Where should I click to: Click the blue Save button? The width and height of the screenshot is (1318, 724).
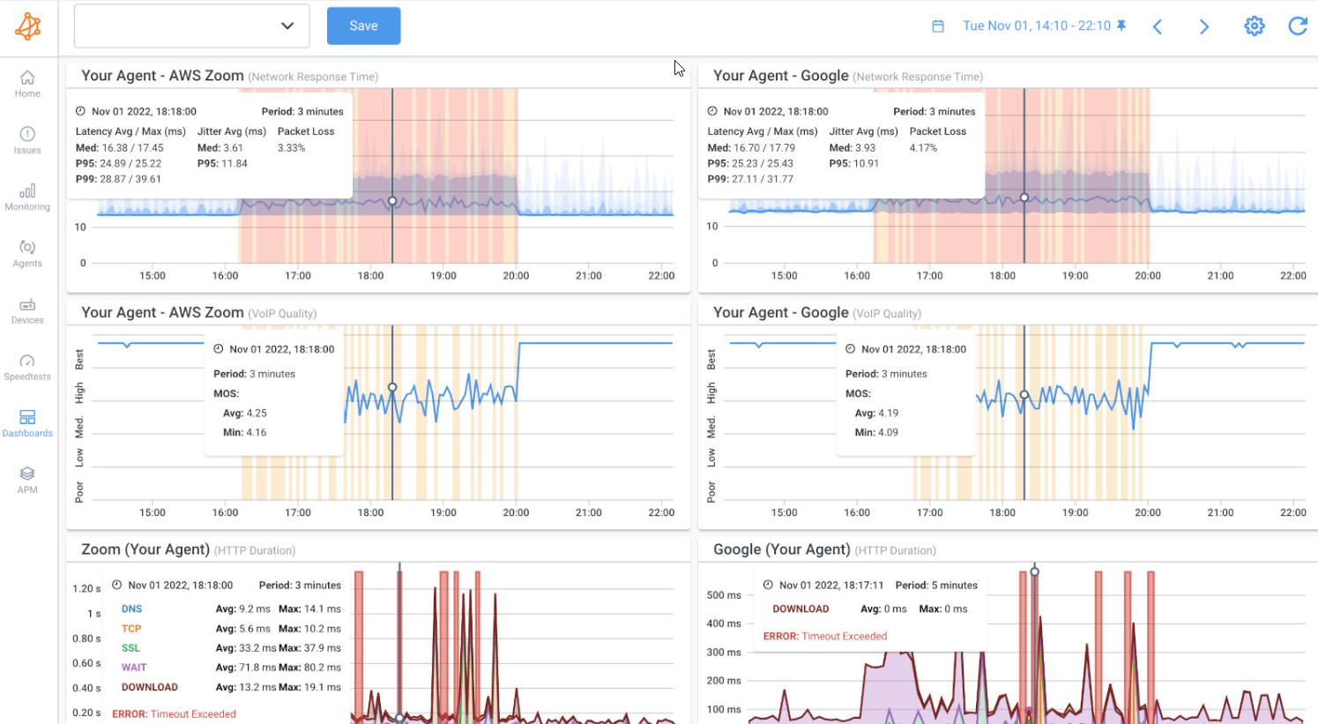click(x=363, y=26)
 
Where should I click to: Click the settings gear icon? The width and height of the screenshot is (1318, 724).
click(x=1254, y=26)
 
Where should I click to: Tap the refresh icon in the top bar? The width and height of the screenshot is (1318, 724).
click(x=1298, y=26)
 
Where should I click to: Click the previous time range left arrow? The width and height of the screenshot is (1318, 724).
click(x=1158, y=26)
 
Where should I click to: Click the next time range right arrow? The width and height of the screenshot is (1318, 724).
click(x=1204, y=26)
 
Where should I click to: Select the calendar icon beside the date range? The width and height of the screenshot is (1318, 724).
click(x=938, y=26)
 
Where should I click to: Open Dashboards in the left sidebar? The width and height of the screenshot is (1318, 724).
click(x=27, y=423)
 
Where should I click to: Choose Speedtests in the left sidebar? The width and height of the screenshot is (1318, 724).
click(x=27, y=367)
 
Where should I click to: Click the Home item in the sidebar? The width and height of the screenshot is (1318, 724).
click(x=27, y=84)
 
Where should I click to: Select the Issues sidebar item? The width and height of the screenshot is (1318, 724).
click(x=27, y=140)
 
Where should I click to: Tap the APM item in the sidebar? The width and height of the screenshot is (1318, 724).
click(x=27, y=480)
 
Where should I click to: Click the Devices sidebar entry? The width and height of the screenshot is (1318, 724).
click(x=27, y=310)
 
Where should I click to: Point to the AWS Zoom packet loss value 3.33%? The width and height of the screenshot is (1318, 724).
click(x=292, y=148)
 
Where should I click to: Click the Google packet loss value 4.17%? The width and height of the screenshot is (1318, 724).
click(x=923, y=148)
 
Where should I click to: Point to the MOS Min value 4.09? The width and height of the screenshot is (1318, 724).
click(x=887, y=432)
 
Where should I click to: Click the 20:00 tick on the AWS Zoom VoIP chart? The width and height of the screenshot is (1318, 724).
click(x=516, y=512)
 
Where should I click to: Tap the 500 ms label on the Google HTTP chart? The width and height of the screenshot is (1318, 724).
click(x=724, y=595)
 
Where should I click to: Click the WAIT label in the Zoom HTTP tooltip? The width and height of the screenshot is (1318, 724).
click(x=134, y=668)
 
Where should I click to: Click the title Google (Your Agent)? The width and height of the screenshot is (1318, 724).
click(x=781, y=549)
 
